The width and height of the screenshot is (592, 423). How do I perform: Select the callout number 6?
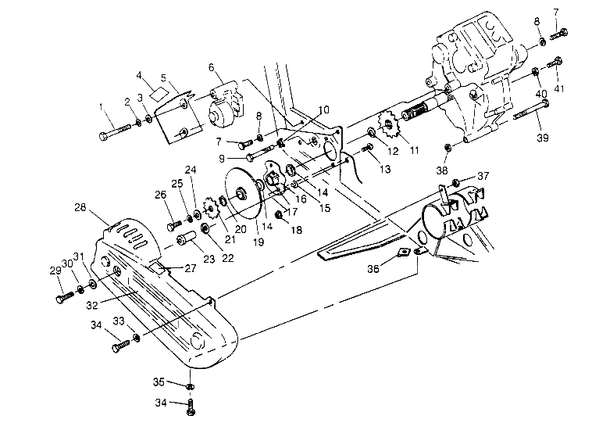pyautogui.click(x=211, y=68)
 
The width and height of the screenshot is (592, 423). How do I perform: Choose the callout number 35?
pyautogui.click(x=159, y=382)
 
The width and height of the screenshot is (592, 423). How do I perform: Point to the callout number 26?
pyautogui.click(x=160, y=195)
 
